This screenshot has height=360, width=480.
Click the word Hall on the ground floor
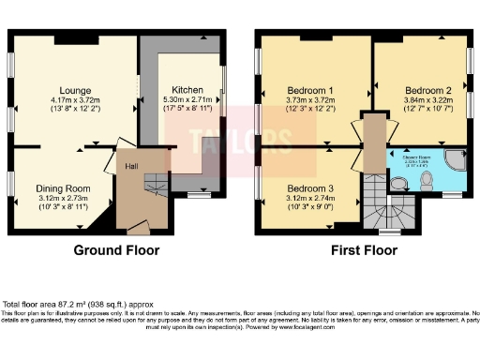133,167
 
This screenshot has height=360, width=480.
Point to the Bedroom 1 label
309,91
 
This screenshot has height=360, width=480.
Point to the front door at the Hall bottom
138,229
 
